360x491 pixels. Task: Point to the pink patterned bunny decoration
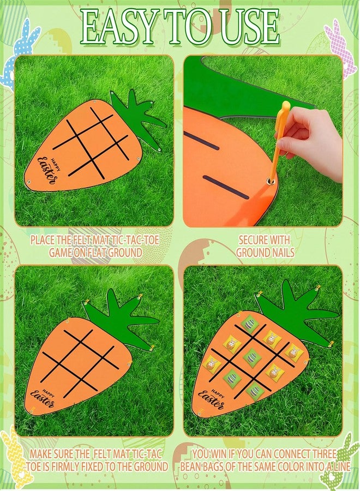[x=341, y=47]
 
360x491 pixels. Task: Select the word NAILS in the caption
[x=279, y=253]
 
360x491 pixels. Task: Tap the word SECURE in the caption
[x=253, y=240]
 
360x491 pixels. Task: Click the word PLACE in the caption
[x=42, y=240]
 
